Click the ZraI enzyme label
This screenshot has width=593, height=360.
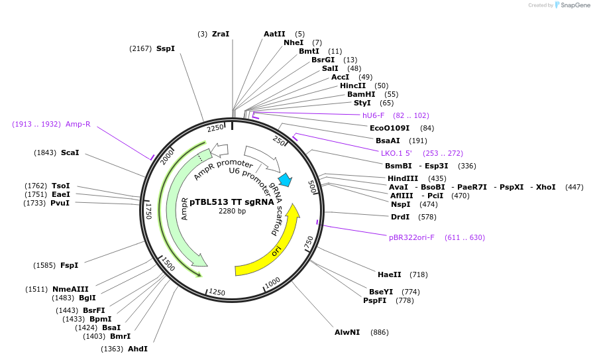click(x=221, y=34)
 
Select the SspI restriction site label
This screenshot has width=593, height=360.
click(x=166, y=48)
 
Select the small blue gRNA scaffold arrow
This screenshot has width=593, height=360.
click(x=286, y=179)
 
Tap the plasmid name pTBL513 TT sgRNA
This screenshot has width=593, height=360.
click(x=232, y=202)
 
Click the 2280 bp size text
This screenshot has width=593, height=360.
click(x=232, y=211)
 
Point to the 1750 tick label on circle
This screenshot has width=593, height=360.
click(x=149, y=211)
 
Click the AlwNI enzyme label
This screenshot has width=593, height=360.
click(x=347, y=332)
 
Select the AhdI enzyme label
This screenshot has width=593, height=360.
click(x=138, y=349)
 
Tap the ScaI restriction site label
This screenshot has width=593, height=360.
click(x=70, y=152)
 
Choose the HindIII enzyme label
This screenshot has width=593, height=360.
click(x=403, y=178)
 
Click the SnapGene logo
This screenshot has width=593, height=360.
click(x=572, y=5)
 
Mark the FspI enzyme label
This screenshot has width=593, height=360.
click(x=70, y=265)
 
